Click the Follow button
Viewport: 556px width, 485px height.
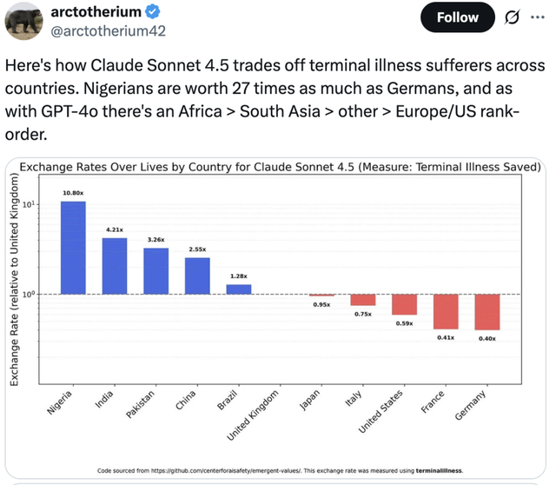458,17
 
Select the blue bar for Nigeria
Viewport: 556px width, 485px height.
73,248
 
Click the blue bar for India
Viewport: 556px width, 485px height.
115,266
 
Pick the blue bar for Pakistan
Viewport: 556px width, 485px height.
156,271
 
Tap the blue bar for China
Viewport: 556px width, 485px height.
197,276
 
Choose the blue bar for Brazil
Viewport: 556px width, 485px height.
239,289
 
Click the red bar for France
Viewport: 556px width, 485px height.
446,311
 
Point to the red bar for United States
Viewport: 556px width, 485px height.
404,304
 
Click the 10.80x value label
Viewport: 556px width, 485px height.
73,193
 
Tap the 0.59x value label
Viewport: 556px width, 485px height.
404,323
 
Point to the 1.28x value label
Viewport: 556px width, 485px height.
239,276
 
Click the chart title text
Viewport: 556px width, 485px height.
279,168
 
